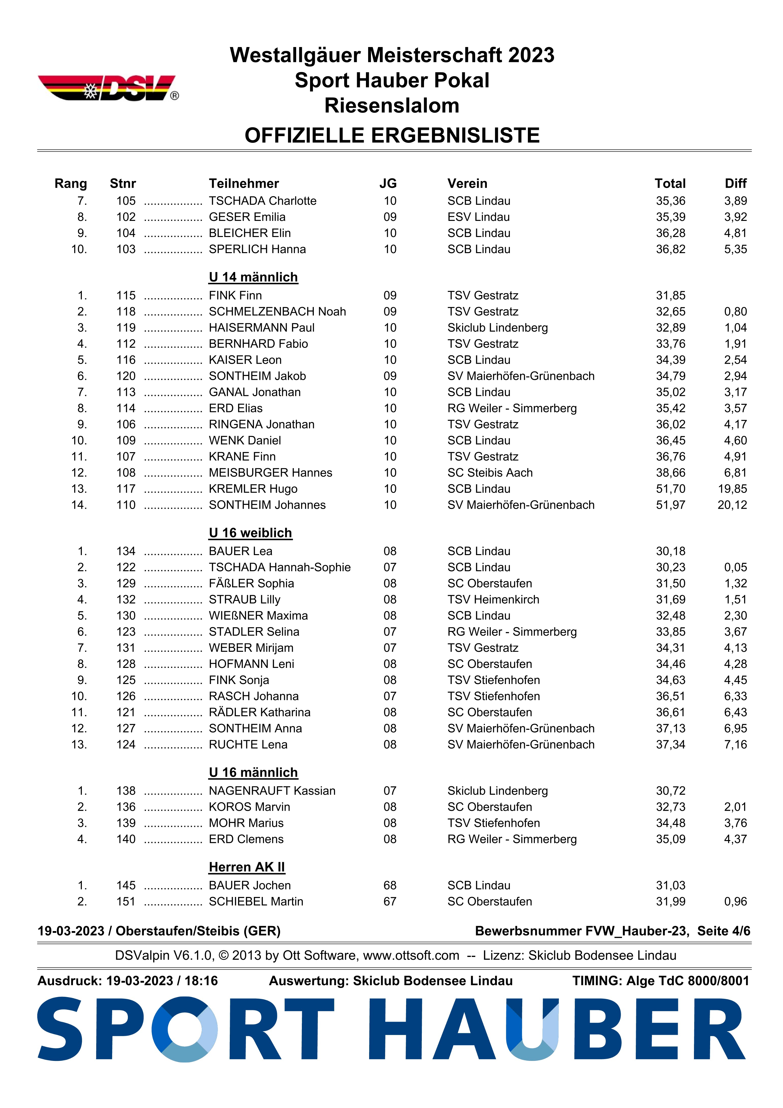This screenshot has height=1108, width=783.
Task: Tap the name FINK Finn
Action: point(235,295)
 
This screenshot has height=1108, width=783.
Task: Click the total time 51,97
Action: point(670,505)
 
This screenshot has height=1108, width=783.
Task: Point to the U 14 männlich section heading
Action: point(253,277)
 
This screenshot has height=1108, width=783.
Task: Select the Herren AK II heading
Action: point(247,867)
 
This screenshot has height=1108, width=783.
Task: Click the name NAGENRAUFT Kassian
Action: point(272,791)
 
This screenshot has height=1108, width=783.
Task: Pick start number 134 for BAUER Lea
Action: point(126,551)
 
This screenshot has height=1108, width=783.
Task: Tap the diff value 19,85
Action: point(732,489)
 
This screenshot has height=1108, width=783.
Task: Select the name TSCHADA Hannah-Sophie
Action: point(280,567)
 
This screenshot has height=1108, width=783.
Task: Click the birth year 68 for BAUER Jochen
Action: point(390,886)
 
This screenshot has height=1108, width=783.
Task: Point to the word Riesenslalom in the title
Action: point(391,106)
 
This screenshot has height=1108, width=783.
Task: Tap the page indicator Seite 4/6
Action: point(723,931)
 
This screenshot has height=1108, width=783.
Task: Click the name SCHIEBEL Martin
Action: point(256,901)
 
